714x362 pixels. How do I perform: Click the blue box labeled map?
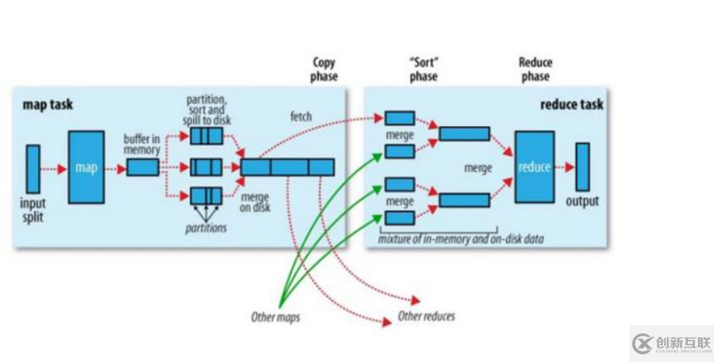click(x=87, y=168)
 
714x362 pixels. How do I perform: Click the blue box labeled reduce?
click(x=534, y=167)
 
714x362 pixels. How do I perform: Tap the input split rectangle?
click(x=33, y=168)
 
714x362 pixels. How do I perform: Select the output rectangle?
click(x=582, y=167)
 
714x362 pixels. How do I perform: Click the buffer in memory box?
click(x=142, y=168)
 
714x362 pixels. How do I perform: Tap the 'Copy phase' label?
click(x=325, y=69)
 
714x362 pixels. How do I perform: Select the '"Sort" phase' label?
click(x=423, y=69)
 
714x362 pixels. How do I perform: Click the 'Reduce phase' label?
click(x=534, y=69)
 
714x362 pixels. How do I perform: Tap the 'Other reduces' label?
click(x=427, y=317)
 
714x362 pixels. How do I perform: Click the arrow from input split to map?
click(x=54, y=168)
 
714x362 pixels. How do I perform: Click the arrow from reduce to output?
click(x=565, y=167)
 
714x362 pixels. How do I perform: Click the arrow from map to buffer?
click(x=115, y=168)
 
